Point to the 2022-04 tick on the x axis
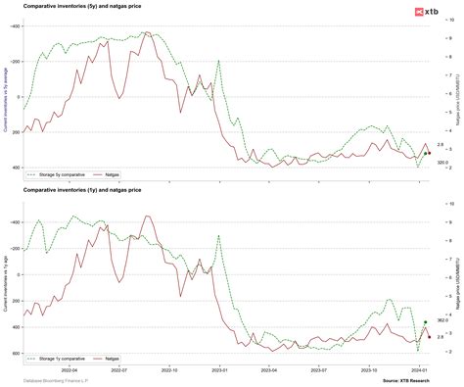tap(70, 370)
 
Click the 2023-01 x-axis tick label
tap(221, 370)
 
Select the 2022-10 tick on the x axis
tap(171, 370)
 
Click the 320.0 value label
tap(441, 163)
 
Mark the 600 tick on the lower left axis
tap(15, 353)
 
